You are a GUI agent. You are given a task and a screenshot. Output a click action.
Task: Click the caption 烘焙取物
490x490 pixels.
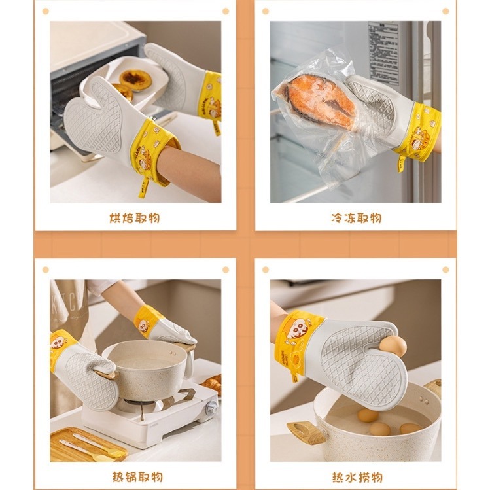click(x=135, y=218)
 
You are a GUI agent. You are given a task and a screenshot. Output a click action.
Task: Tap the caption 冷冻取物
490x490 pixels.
click(x=356, y=218)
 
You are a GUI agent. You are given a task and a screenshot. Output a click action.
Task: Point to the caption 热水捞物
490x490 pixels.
click(x=356, y=477)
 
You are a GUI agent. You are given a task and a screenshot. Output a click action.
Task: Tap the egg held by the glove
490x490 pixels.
click(x=393, y=345)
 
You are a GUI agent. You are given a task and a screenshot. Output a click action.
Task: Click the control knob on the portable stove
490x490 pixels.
click(x=211, y=409)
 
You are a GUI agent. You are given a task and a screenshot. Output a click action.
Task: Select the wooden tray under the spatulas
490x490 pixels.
click(x=85, y=445)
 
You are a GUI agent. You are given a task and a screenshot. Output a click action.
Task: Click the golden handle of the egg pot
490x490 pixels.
click(x=303, y=431)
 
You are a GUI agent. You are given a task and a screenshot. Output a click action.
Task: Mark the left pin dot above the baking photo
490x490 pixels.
click(x=45, y=11)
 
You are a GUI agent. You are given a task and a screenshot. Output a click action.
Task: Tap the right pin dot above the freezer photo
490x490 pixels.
click(x=446, y=11)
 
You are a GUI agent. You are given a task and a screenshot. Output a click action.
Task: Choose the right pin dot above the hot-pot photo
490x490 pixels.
click(x=225, y=270)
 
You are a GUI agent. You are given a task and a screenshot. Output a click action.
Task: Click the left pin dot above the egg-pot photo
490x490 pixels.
click(x=266, y=270)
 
